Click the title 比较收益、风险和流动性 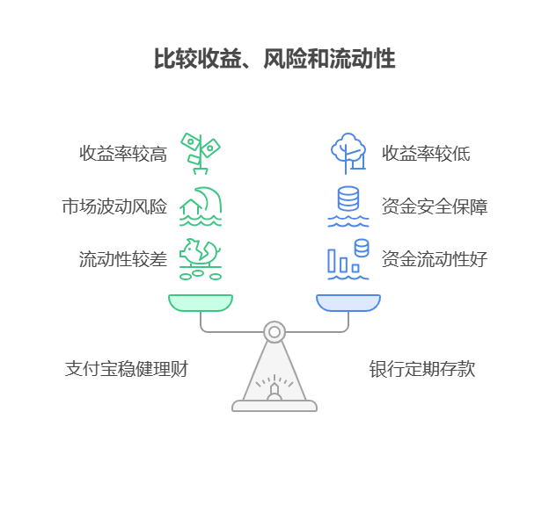(x=274, y=60)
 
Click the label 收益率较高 (x=123, y=154)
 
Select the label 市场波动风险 (x=113, y=207)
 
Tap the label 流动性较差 (x=123, y=259)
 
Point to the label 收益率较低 (x=426, y=154)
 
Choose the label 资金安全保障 (x=435, y=207)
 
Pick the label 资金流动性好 (x=435, y=259)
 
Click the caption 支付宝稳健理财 (x=127, y=369)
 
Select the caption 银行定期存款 (x=421, y=369)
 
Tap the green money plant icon (x=200, y=153)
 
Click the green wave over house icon (x=201, y=206)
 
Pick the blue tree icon (x=348, y=153)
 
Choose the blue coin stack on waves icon (x=348, y=206)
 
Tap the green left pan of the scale (x=201, y=303)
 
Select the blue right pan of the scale (x=348, y=303)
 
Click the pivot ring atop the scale (x=274, y=332)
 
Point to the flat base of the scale (x=274, y=406)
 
